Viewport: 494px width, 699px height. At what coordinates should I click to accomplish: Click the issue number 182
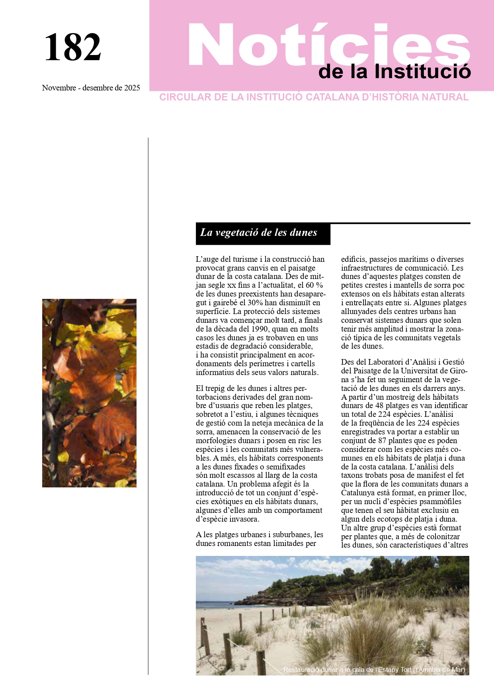click(x=73, y=47)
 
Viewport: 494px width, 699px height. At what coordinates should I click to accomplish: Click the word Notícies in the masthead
click(x=328, y=45)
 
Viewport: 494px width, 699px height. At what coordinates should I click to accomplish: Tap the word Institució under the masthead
click(x=422, y=72)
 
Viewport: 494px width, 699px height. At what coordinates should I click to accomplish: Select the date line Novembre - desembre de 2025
click(x=91, y=88)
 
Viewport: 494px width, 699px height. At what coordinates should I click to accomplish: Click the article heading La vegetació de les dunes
click(x=259, y=233)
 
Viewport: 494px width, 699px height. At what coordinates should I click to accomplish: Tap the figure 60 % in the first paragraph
click(x=314, y=285)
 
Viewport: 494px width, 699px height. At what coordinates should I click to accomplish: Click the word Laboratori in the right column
click(x=388, y=362)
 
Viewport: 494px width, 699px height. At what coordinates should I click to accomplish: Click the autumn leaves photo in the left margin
click(x=89, y=393)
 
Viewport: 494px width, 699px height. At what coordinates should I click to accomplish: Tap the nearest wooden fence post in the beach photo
click(x=261, y=662)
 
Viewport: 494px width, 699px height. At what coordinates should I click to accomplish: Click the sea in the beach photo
click(x=215, y=605)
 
